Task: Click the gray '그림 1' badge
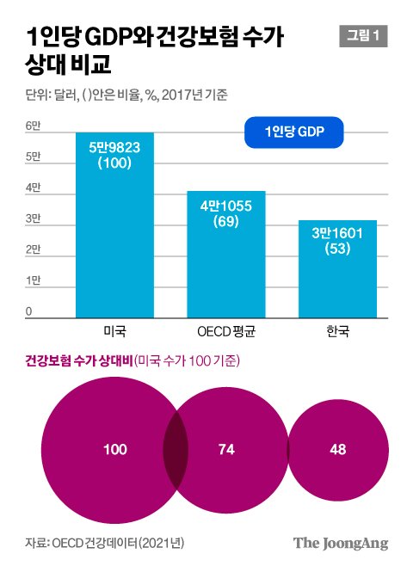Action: pos(363,36)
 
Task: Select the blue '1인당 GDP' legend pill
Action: pos(294,132)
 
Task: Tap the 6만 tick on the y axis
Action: pos(33,126)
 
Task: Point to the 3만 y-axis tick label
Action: pos(33,218)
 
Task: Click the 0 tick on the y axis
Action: pos(28,311)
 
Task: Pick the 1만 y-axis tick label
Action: pos(33,280)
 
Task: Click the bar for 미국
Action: pos(114,225)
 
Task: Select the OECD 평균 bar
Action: pos(226,255)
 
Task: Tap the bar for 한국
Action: pos(337,269)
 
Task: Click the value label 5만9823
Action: pos(114,147)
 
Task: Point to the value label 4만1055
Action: pos(226,206)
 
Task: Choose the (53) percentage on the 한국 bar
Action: pos(337,249)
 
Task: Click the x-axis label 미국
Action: pos(114,331)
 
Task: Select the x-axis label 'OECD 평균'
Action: pos(226,331)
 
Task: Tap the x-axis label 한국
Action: pos(337,331)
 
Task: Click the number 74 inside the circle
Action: pos(226,449)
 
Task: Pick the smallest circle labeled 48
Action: pos(338,450)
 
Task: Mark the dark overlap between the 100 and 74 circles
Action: pos(176,450)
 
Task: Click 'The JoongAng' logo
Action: pos(341,544)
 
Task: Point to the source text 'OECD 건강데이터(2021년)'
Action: pos(118,543)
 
